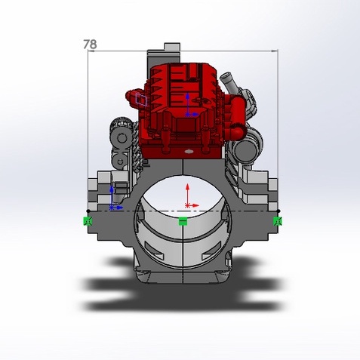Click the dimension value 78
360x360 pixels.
90,45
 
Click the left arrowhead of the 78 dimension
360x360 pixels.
91,51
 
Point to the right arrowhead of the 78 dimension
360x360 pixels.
275,51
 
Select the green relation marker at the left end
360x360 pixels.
88,221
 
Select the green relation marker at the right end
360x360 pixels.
278,221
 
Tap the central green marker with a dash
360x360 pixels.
183,221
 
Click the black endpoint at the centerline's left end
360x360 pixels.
88,211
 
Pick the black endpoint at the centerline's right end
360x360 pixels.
278,211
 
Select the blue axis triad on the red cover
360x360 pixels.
190,105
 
